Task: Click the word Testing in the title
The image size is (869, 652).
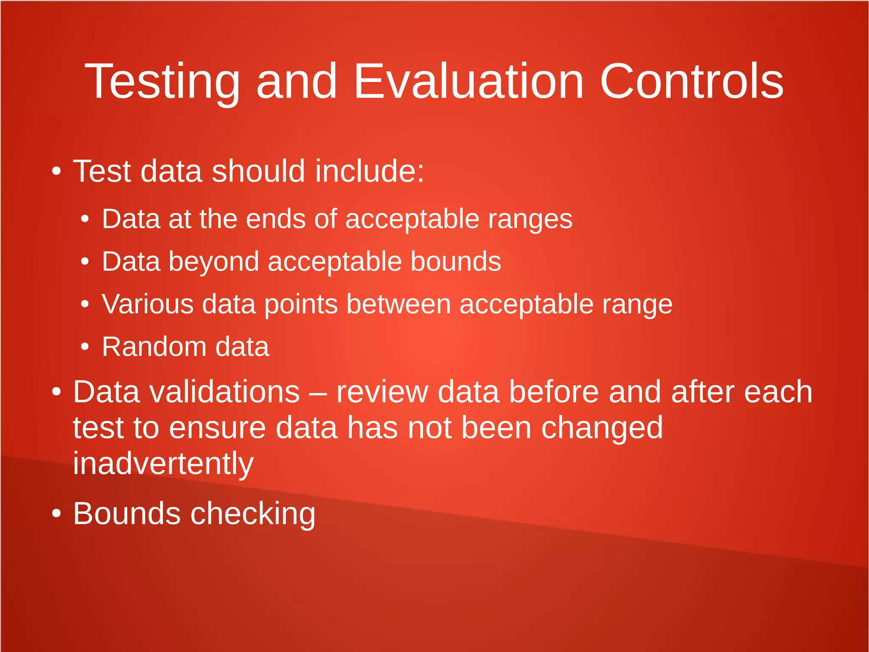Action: [x=163, y=82]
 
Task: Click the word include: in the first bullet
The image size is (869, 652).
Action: [x=369, y=171]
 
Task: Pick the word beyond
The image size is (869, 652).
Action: [x=214, y=262]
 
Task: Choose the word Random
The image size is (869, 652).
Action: [x=154, y=347]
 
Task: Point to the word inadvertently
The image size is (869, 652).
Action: [x=163, y=464]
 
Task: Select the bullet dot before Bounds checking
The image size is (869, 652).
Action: [x=56, y=514]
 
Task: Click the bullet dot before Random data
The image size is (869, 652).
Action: [x=85, y=347]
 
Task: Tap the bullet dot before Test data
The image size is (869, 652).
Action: [x=56, y=171]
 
